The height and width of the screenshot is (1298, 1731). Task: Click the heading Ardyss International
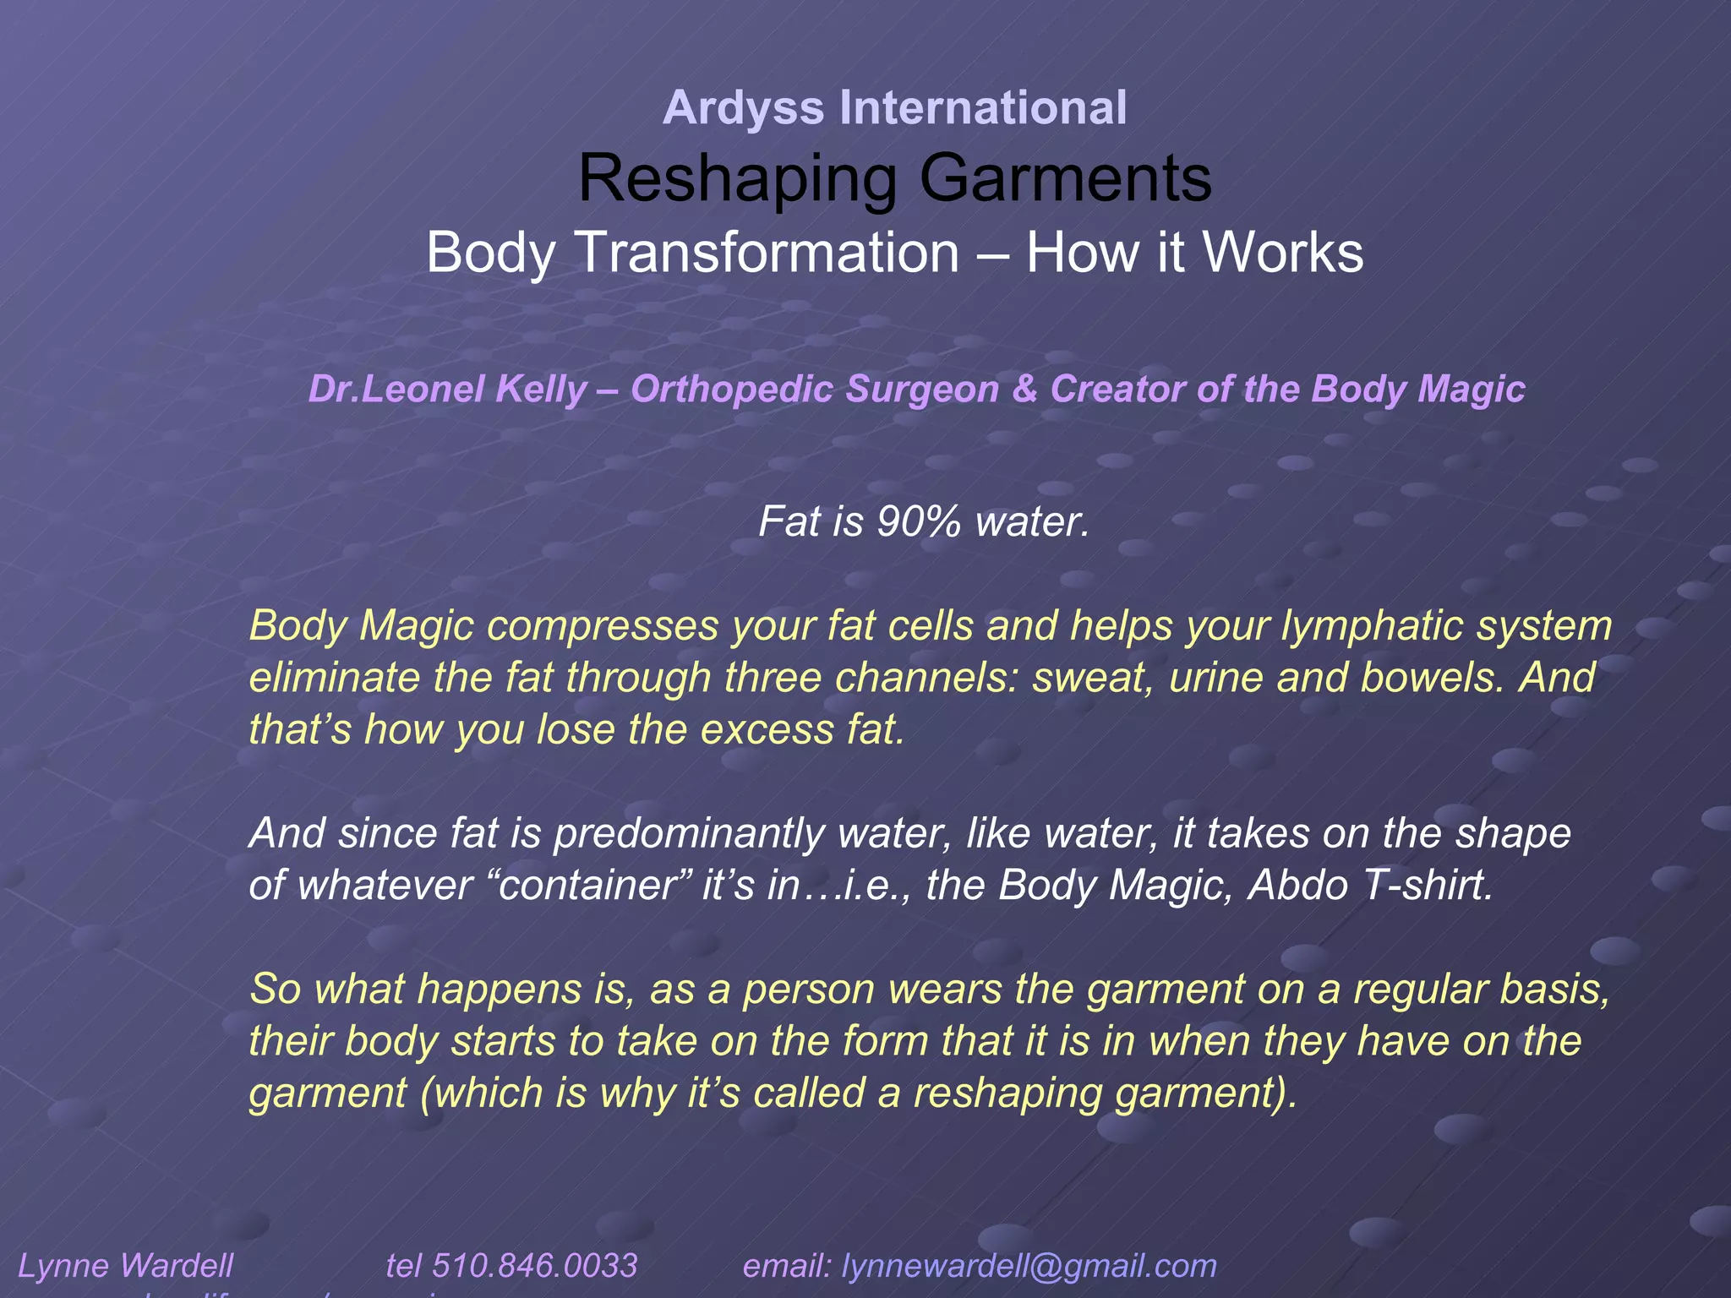pos(894,108)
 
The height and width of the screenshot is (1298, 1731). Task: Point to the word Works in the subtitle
pos(1279,253)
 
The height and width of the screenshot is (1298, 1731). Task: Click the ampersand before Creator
pos(1024,390)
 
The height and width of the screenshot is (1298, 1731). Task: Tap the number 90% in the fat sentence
pos(919,521)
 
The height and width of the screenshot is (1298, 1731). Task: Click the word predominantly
pos(689,833)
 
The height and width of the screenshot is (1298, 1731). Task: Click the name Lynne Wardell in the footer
pos(126,1266)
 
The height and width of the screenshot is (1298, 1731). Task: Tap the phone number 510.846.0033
pos(534,1266)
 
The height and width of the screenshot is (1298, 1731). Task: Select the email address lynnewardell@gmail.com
pos(1029,1266)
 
